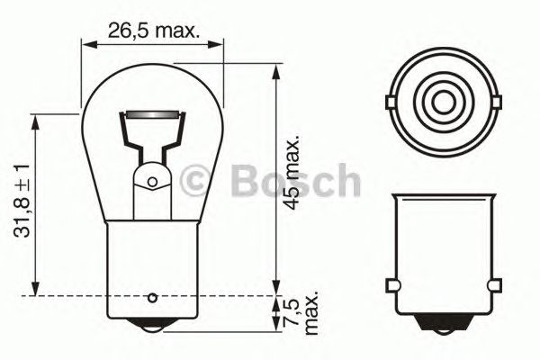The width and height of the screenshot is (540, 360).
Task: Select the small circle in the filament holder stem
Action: [152, 183]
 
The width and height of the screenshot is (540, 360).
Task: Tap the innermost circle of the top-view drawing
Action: [442, 96]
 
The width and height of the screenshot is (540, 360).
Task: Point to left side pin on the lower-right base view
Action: [392, 286]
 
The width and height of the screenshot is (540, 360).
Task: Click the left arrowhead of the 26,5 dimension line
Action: [86, 42]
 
